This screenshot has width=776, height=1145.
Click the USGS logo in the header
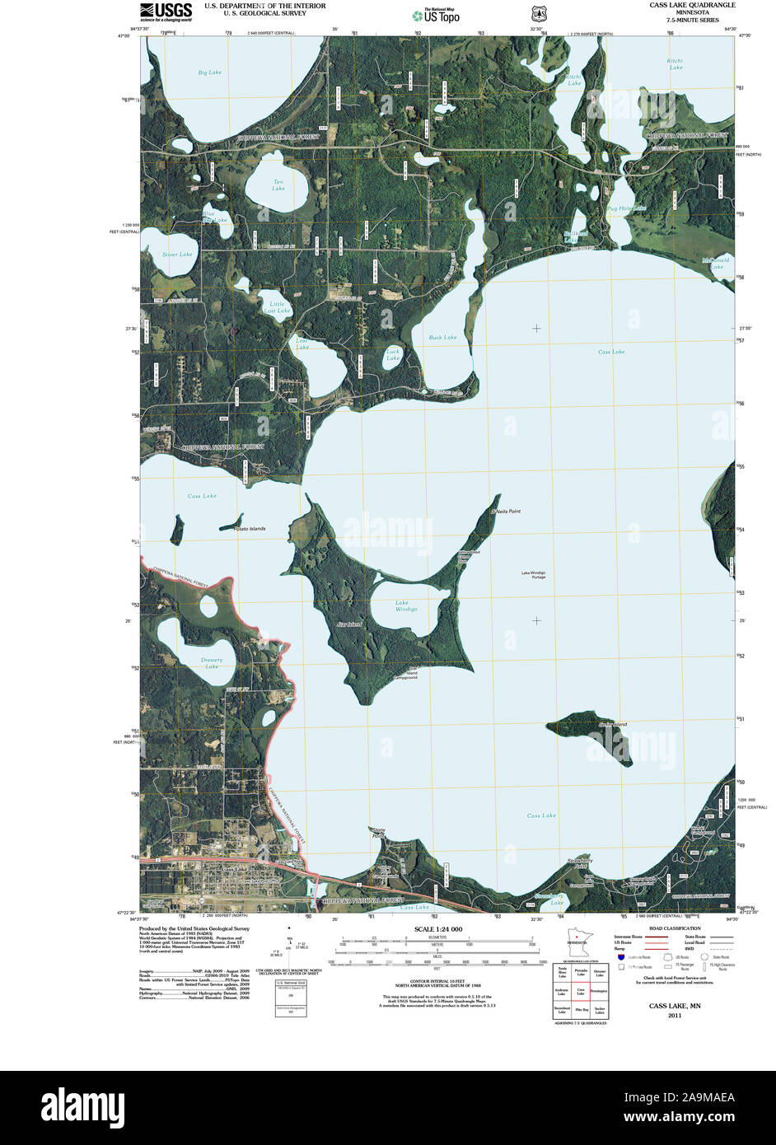pos(166,12)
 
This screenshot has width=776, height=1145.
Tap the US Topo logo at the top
pos(437,15)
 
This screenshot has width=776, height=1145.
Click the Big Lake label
pos(209,72)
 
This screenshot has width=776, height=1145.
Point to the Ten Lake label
pos(278,185)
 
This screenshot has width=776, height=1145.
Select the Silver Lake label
pos(177,255)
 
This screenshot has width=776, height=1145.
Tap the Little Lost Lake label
pos(278,307)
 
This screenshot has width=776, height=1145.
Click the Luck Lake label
pos(393,355)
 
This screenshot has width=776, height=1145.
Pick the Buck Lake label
pos(442,337)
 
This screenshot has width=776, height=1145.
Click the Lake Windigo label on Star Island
pos(406,605)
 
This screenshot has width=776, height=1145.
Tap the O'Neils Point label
pos(506,512)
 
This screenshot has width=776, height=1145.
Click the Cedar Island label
pos(613,725)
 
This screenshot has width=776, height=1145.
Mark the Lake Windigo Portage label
pos(533,575)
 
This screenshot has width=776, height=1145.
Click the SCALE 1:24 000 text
pos(437,929)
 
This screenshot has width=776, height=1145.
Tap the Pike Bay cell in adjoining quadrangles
pos(581,1008)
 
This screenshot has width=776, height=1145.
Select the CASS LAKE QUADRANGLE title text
pos(692,5)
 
